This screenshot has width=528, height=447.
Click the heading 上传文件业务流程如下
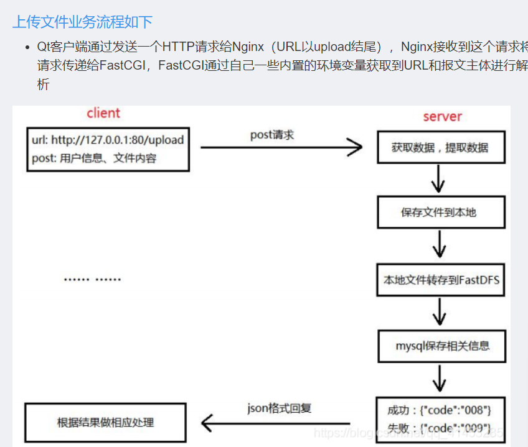(x=82, y=22)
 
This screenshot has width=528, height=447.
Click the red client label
(x=103, y=113)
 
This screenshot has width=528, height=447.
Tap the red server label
(x=442, y=116)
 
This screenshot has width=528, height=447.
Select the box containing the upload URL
(x=108, y=149)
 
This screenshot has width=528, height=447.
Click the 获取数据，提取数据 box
(x=440, y=147)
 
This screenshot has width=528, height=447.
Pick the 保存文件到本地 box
(x=439, y=213)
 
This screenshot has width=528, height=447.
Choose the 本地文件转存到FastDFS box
(x=441, y=280)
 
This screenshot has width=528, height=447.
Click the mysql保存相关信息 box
(x=442, y=346)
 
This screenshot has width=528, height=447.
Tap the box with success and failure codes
(x=440, y=419)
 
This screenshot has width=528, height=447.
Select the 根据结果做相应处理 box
(x=105, y=423)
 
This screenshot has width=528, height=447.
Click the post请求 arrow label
(x=272, y=135)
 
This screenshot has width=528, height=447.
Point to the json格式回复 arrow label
(x=279, y=408)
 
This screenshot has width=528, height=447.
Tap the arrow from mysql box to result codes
(x=440, y=379)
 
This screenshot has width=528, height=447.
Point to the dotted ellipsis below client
(x=92, y=280)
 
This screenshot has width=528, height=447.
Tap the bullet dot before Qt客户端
(x=27, y=47)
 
